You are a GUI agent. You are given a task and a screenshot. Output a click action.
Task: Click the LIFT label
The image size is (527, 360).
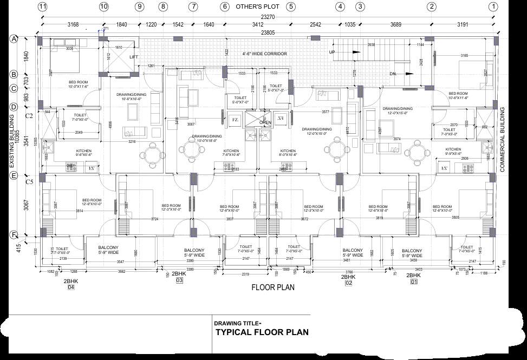point(134,57)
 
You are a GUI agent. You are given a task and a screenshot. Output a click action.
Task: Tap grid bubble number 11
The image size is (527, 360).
point(43,7)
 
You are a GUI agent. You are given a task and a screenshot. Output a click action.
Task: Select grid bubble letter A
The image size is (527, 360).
point(14,39)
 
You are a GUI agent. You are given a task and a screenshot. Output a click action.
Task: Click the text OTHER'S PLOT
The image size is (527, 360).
point(258,7)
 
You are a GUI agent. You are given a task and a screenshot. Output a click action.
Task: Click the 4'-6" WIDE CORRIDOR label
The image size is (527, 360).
point(264,54)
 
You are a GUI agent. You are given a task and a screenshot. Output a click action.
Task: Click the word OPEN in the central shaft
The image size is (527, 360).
point(265,122)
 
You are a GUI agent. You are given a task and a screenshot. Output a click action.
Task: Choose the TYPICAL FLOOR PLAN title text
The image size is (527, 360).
point(262,332)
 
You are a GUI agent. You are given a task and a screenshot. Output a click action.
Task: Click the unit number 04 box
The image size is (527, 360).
point(70,288)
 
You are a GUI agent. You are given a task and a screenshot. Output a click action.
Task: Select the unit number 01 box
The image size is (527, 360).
point(414,282)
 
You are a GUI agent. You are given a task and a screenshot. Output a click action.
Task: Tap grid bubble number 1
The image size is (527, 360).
point(493,7)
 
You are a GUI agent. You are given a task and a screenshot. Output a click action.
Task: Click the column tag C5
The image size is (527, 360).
point(14,182)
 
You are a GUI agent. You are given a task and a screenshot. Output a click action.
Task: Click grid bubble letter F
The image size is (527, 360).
point(14,235)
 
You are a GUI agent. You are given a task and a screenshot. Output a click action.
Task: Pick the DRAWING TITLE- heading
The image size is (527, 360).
point(238,323)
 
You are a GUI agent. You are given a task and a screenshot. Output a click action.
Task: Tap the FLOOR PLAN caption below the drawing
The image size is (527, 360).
point(273,287)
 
